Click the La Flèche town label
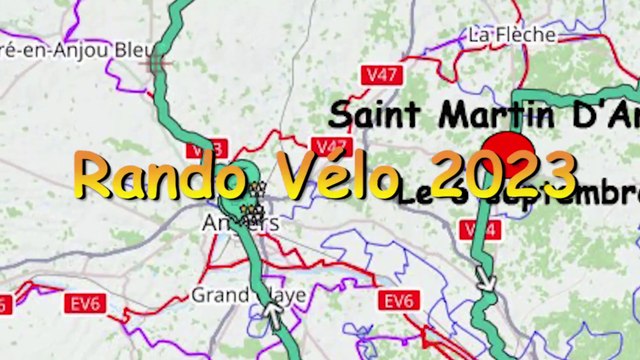point(511,35)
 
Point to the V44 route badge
point(478,230)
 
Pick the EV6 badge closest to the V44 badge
point(397,301)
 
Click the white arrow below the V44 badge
point(486,278)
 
